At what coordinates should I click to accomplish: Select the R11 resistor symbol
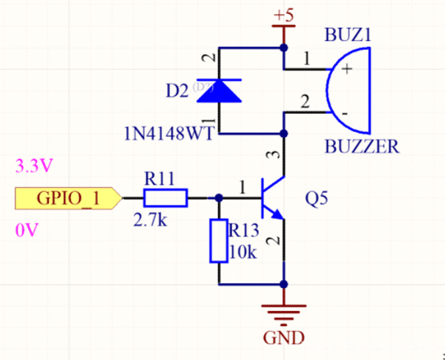[x=165, y=198]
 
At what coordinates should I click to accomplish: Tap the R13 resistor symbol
[x=218, y=240]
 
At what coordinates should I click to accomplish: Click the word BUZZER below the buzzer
[x=361, y=145]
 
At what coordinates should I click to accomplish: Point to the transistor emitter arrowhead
[x=277, y=215]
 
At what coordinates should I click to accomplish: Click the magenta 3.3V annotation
[x=31, y=166]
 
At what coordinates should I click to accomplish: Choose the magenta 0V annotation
[x=24, y=232]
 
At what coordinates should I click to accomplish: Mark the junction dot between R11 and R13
[x=219, y=198]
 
